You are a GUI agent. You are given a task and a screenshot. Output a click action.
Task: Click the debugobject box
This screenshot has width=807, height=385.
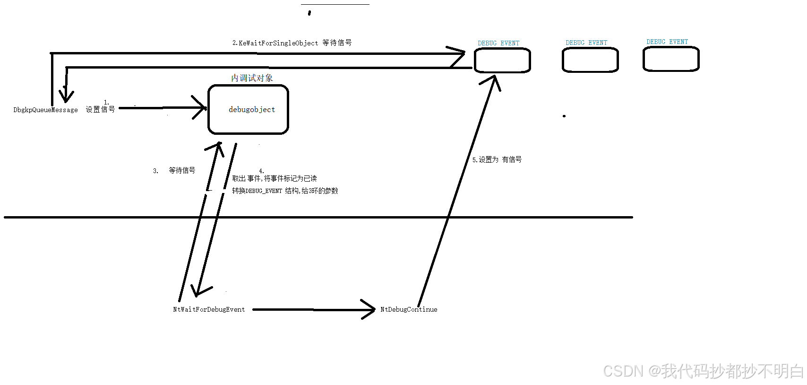point(249,110)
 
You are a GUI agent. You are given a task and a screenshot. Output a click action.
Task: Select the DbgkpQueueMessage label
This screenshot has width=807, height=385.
point(45,110)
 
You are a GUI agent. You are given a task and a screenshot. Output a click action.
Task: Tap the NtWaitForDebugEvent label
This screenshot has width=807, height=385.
point(209,309)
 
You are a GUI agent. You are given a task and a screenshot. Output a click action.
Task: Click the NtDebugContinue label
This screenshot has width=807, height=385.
point(409,309)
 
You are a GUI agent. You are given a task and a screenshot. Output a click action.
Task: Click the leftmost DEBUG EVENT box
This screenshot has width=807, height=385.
point(502,61)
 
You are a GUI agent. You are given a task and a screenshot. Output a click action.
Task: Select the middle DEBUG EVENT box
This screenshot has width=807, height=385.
point(590,60)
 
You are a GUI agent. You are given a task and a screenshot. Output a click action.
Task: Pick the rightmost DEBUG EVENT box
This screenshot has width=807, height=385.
point(671,59)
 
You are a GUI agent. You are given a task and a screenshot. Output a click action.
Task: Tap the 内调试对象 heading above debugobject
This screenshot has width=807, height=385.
point(252,78)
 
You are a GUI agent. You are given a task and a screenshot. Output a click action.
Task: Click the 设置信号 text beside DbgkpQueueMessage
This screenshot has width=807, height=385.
point(100,109)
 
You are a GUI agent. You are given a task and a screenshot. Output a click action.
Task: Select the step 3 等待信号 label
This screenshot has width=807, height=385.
point(181,170)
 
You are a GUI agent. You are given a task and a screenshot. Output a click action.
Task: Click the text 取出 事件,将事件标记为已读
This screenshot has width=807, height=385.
point(275,178)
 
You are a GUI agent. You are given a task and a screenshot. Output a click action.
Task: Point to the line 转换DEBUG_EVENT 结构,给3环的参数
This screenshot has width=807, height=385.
point(285,191)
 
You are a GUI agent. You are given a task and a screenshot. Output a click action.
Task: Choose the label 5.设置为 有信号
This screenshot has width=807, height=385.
point(497,160)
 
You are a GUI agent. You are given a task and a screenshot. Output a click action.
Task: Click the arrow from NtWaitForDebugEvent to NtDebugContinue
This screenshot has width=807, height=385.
point(312,310)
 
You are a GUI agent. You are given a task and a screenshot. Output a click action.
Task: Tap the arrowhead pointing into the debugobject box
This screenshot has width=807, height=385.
point(200,108)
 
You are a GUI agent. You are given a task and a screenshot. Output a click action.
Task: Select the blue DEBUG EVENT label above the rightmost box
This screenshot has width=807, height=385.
point(667,42)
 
